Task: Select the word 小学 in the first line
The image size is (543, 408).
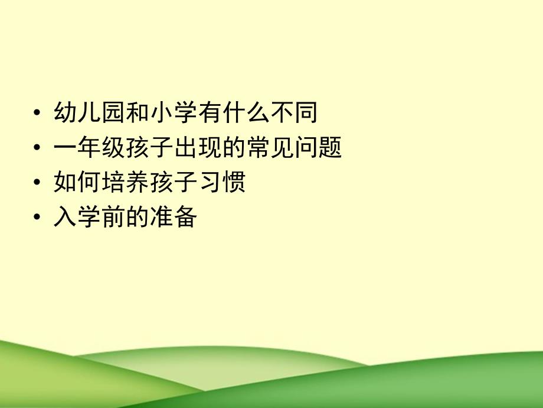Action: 172,112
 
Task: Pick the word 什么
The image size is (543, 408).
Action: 246,112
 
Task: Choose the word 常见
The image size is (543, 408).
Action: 270,148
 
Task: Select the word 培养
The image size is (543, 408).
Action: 125,183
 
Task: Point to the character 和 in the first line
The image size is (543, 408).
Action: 136,112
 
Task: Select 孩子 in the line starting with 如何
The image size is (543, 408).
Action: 173,183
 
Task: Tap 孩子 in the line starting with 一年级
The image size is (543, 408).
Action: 149,148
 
